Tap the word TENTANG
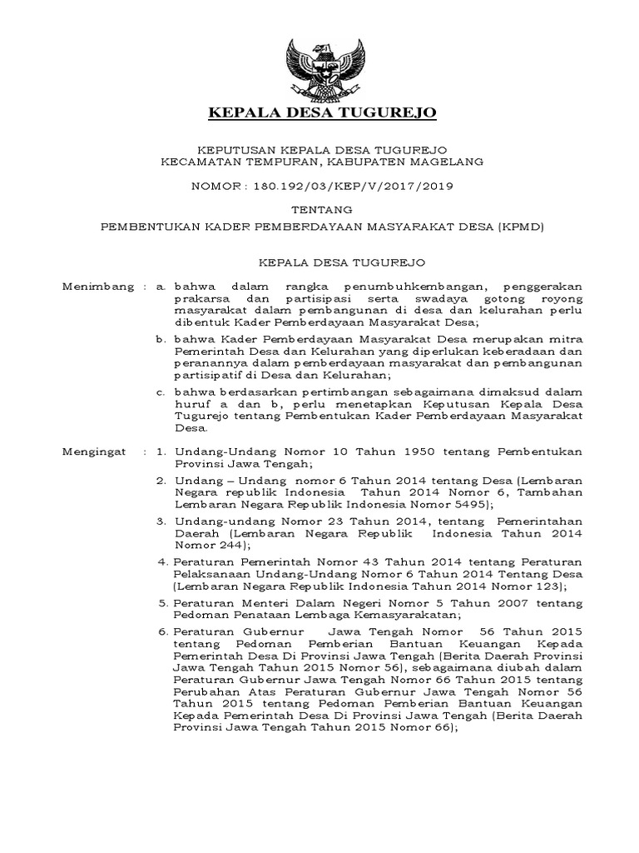320,210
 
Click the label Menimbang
98,287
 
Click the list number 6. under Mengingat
163,631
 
